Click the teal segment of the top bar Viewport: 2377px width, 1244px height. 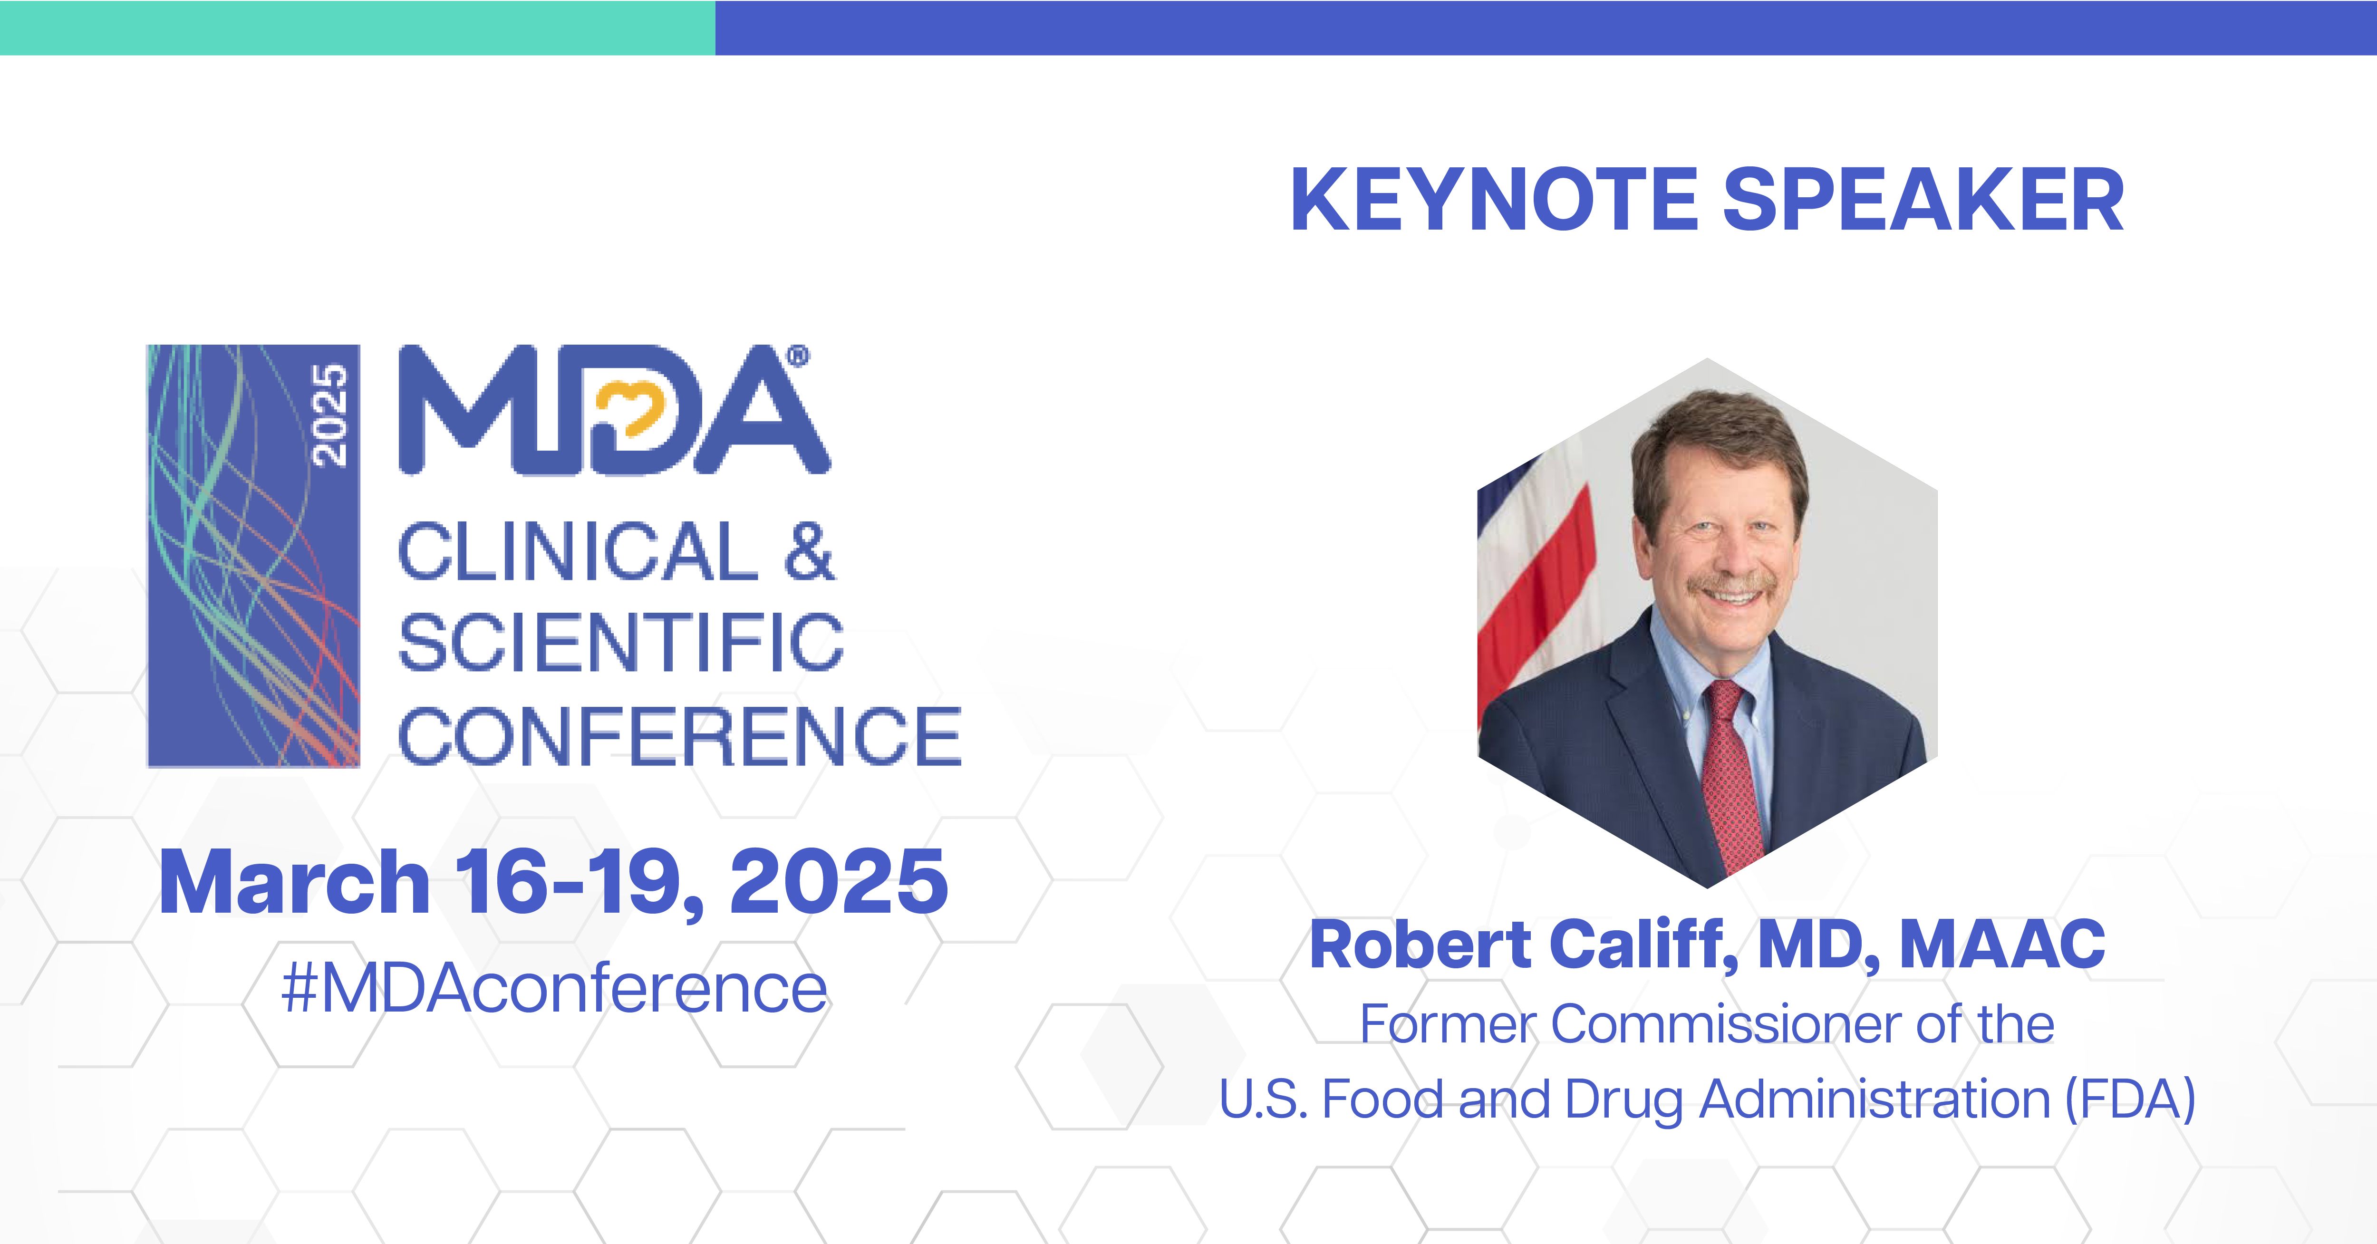pyautogui.click(x=357, y=28)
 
